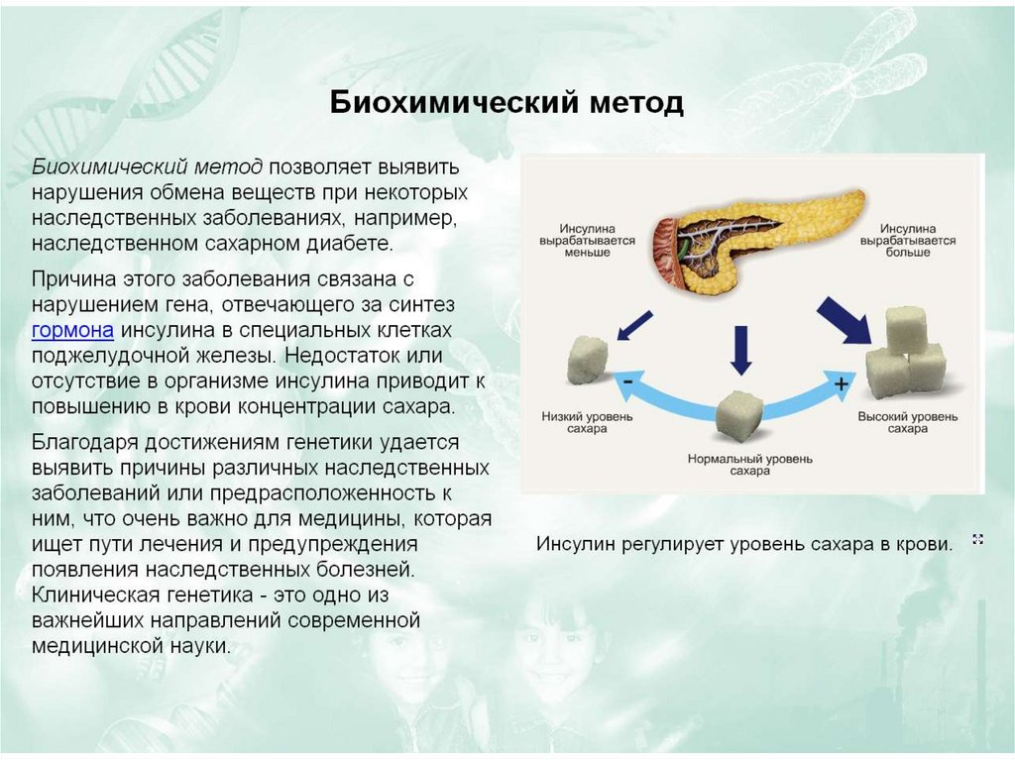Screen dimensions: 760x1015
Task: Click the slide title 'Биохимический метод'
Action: point(507,103)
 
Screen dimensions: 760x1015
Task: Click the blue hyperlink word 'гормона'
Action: point(72,330)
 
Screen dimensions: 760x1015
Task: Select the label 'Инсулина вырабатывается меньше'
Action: point(575,240)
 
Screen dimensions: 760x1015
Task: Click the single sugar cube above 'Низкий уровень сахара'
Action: point(588,360)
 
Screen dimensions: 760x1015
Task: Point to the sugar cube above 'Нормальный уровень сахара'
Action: point(737,414)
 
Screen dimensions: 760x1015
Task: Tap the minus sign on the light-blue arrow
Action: point(627,380)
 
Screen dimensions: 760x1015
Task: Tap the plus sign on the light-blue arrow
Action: point(842,384)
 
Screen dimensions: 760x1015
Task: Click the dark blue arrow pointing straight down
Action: point(737,350)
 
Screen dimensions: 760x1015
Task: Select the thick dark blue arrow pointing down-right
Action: point(842,320)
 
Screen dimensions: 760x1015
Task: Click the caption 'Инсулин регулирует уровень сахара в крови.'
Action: point(743,544)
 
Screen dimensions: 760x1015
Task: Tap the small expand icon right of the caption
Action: point(978,539)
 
